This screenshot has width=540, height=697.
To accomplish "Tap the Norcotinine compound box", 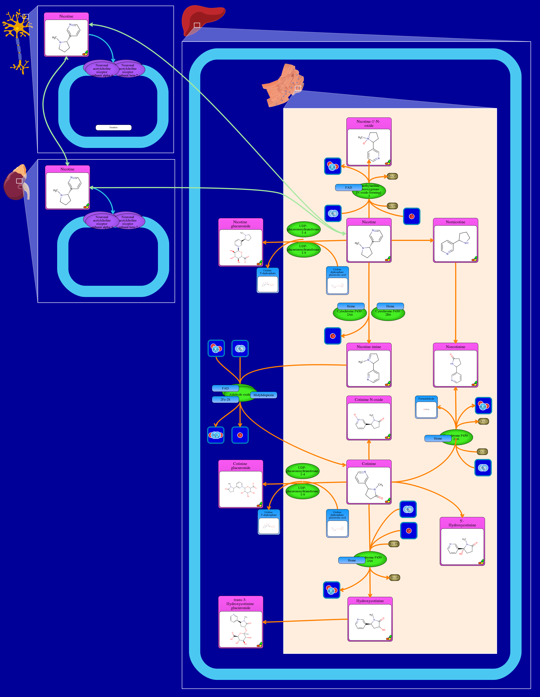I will tap(455, 365).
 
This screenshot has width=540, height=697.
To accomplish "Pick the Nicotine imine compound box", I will tap(369, 365).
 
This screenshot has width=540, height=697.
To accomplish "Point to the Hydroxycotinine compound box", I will tap(370, 619).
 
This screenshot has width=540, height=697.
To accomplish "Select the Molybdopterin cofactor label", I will tap(263, 395).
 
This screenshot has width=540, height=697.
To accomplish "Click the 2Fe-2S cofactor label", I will tap(225, 400).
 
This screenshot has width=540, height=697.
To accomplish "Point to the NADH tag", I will tap(482, 452).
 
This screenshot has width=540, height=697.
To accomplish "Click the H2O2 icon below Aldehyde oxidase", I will tap(216, 435).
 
